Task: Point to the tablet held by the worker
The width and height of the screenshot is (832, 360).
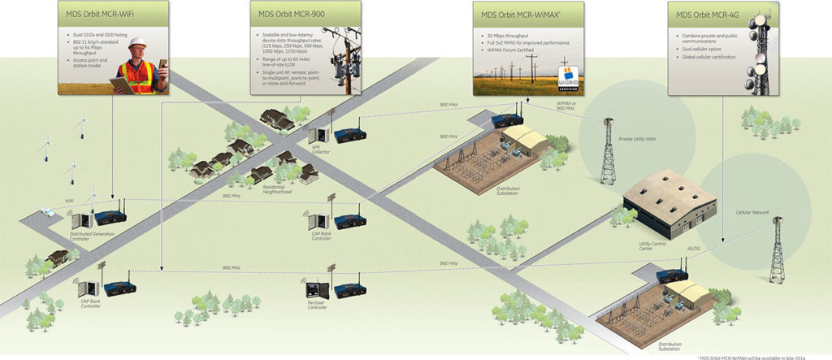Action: [122, 84]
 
